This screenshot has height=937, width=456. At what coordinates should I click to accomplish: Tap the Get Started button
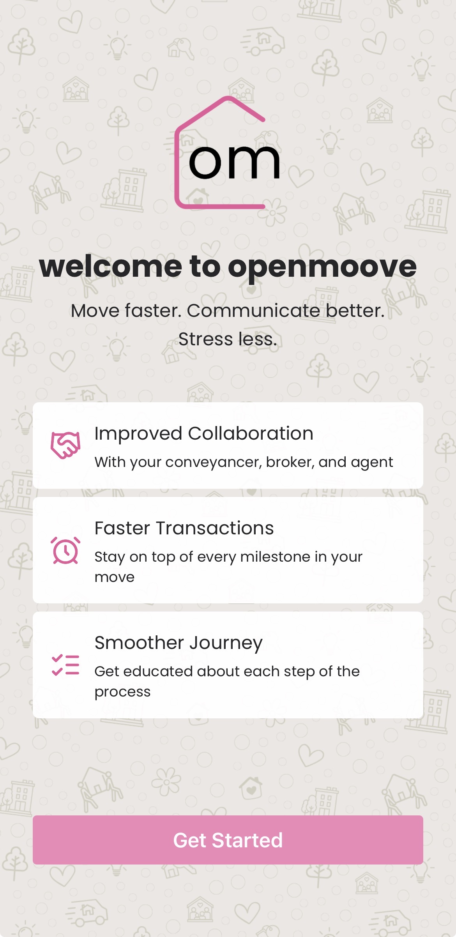(x=228, y=840)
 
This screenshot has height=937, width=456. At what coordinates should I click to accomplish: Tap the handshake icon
(x=65, y=445)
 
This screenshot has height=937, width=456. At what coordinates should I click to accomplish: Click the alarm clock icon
(x=65, y=550)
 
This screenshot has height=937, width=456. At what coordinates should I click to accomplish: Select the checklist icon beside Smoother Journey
(x=65, y=665)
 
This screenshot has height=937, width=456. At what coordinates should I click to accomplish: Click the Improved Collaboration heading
(x=204, y=433)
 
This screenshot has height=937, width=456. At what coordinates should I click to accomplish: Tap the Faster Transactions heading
(x=184, y=528)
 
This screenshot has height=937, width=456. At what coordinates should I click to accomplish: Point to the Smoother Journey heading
(x=179, y=643)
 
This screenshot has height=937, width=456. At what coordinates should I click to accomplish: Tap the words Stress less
(x=228, y=339)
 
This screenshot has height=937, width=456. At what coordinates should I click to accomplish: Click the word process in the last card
(x=122, y=692)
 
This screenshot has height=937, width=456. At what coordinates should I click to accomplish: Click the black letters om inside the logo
(x=234, y=162)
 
